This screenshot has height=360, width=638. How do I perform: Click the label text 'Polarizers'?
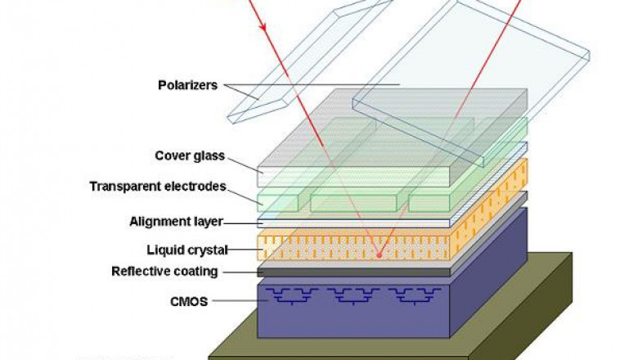coord(187,84)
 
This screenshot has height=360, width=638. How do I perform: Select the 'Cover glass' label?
coord(190,156)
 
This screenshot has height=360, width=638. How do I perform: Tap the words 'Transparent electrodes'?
coord(157,187)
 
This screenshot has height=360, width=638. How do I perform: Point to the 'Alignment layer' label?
coord(176,222)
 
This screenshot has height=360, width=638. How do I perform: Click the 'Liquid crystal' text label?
coord(181,250)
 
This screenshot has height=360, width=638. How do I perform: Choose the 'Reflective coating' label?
coord(164,272)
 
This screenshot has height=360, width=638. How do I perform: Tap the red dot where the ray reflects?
coord(378,254)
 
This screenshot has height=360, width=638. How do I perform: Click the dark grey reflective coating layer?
coord(352,271)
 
